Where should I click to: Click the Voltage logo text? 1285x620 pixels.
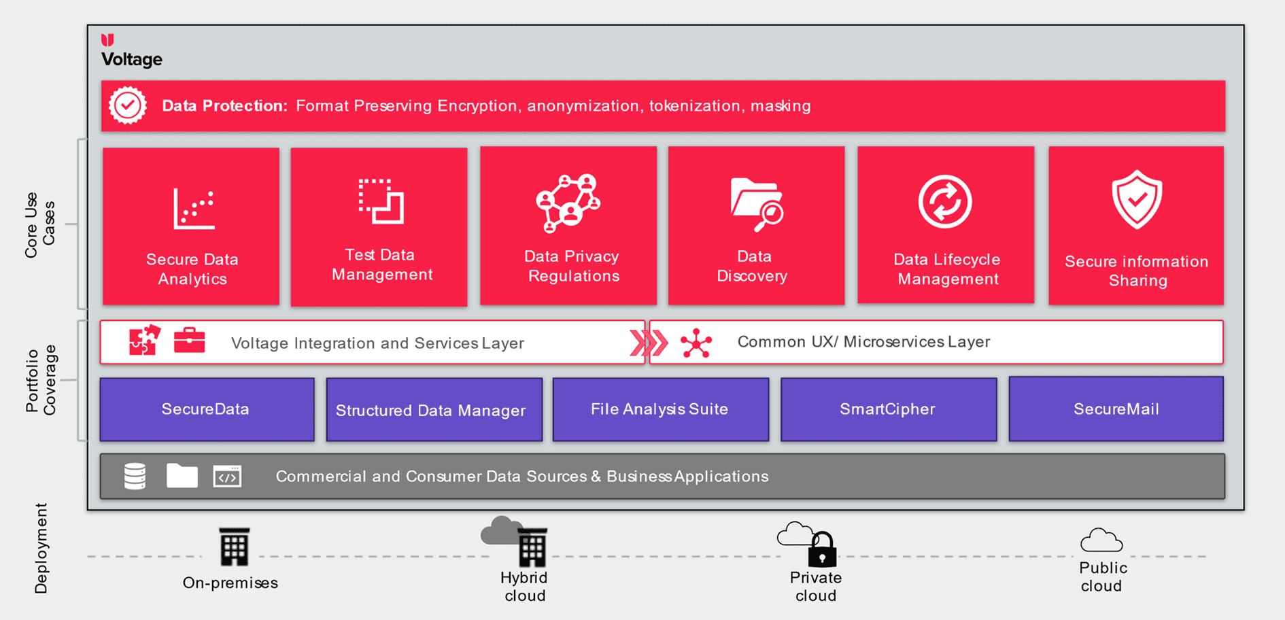[132, 59]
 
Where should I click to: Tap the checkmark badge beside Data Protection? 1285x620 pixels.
[127, 105]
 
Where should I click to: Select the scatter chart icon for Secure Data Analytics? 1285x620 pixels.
[194, 208]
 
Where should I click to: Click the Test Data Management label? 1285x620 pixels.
[381, 264]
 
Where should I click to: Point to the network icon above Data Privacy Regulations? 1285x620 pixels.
[568, 203]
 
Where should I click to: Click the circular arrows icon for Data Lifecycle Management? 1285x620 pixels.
[945, 202]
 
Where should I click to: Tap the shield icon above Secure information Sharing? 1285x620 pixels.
[1137, 199]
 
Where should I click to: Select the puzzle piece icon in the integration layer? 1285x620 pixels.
[145, 340]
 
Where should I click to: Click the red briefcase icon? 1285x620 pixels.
[190, 340]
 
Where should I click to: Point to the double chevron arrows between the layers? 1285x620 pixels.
[649, 343]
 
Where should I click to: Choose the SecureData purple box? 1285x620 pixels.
[207, 409]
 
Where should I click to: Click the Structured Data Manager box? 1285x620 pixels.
[434, 410]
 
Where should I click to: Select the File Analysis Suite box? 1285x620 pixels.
[661, 409]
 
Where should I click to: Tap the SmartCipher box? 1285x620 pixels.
[889, 409]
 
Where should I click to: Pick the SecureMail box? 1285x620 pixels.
[1116, 409]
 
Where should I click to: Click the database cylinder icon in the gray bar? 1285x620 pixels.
[135, 476]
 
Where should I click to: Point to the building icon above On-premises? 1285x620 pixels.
[234, 547]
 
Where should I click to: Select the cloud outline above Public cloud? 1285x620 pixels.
[1101, 540]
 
